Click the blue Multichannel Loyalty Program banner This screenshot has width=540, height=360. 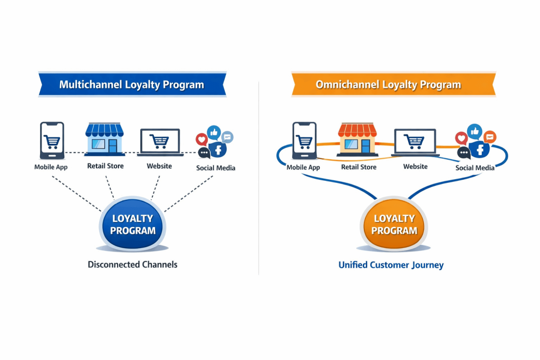132,84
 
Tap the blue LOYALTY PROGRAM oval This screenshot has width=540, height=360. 133,224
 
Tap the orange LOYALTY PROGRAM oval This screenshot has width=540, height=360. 394,224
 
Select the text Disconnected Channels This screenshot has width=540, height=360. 132,265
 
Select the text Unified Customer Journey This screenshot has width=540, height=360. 391,265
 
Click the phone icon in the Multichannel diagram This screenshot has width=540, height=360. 52,141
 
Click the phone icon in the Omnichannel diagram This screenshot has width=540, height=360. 304,141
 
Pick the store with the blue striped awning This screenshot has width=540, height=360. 104,140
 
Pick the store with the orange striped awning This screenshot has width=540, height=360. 358,140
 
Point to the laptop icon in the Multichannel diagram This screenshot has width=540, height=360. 159,142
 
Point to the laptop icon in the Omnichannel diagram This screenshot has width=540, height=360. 415,142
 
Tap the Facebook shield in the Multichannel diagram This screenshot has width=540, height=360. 218,149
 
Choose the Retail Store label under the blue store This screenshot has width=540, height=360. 105,166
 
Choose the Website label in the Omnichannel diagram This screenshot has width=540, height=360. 416,167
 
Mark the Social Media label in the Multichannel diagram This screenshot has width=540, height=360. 216,168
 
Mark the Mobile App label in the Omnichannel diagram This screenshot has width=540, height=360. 303,167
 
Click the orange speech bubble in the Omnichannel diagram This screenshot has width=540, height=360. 490,137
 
